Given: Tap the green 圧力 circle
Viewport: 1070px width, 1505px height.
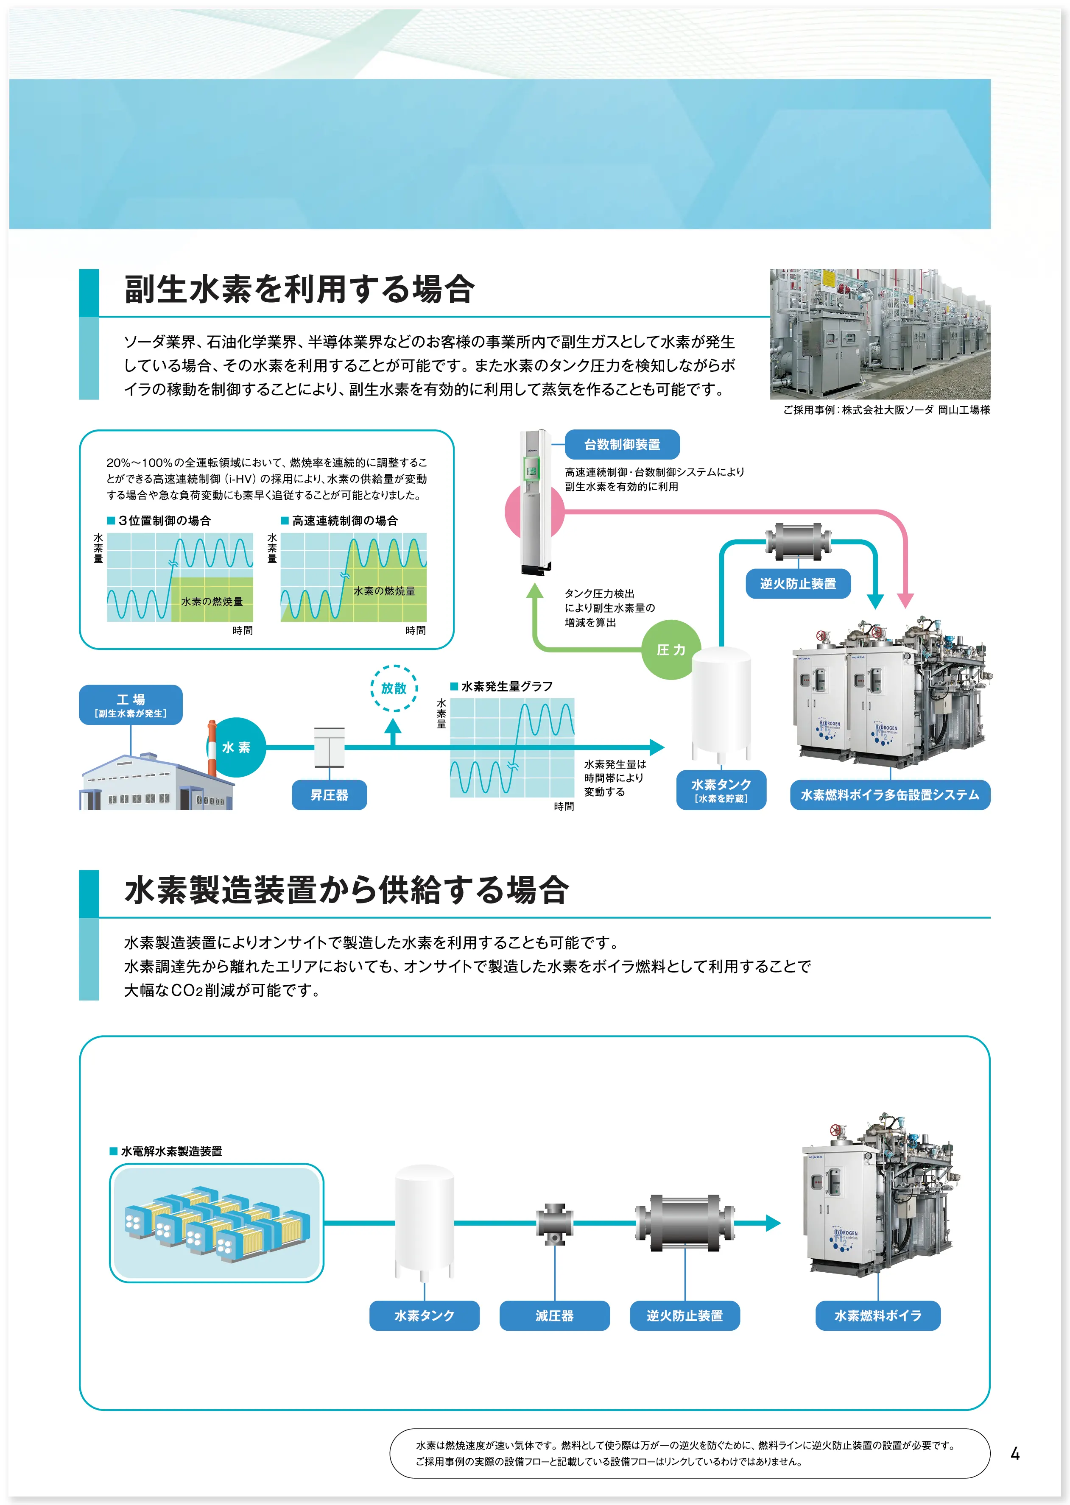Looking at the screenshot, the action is click(671, 649).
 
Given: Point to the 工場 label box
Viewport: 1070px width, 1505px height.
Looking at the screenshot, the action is click(131, 705).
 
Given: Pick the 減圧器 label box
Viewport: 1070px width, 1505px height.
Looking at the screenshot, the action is click(554, 1315).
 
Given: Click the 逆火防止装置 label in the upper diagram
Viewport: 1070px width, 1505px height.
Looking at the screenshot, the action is click(797, 583).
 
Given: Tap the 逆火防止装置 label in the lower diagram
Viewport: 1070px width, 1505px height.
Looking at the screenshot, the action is click(684, 1315).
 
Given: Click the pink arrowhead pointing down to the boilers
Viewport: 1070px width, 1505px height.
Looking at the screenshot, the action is click(905, 599).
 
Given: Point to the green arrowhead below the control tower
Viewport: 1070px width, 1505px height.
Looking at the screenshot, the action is click(535, 591).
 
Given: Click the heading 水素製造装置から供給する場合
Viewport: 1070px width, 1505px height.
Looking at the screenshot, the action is click(346, 890).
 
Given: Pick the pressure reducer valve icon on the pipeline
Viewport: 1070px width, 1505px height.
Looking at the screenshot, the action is click(554, 1224).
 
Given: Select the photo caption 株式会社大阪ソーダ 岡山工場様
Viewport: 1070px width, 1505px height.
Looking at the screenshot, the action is click(886, 410).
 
